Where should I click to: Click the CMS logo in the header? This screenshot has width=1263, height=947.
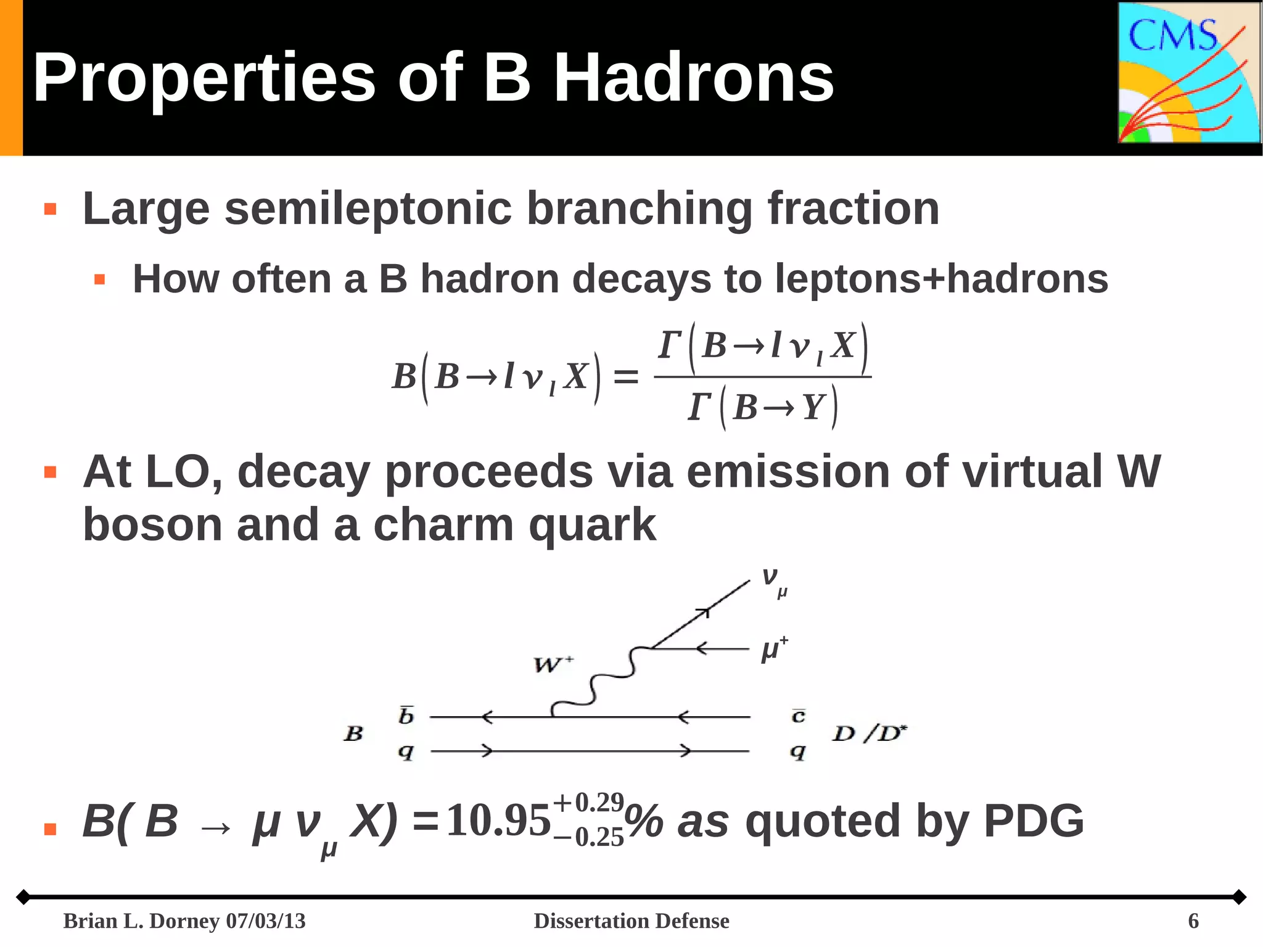point(1189,73)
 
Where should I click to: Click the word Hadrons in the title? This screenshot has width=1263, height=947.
point(693,78)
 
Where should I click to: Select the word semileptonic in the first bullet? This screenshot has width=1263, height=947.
point(368,209)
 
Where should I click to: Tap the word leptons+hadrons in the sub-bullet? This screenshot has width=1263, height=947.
point(941,279)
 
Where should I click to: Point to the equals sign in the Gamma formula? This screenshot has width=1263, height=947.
point(626,376)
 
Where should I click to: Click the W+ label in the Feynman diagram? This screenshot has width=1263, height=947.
point(553,664)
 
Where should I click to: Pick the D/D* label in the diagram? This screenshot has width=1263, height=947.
point(870,734)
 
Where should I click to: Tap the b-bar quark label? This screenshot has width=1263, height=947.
point(406,715)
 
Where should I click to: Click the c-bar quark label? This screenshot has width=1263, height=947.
point(798,715)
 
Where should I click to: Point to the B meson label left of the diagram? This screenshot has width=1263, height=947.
point(353,734)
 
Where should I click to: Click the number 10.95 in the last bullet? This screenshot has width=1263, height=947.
point(498,821)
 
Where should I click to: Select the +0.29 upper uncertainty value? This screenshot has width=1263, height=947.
point(589,803)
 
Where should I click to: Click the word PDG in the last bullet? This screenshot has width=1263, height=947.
point(1034,821)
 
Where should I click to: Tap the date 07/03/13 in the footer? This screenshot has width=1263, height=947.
point(266,921)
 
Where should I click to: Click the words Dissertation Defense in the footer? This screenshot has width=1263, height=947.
point(631,921)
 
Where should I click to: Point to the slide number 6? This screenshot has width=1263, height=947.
point(1193,921)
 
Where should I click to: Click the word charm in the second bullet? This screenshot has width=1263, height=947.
point(443,525)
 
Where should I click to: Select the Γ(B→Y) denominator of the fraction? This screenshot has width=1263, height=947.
point(763,407)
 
